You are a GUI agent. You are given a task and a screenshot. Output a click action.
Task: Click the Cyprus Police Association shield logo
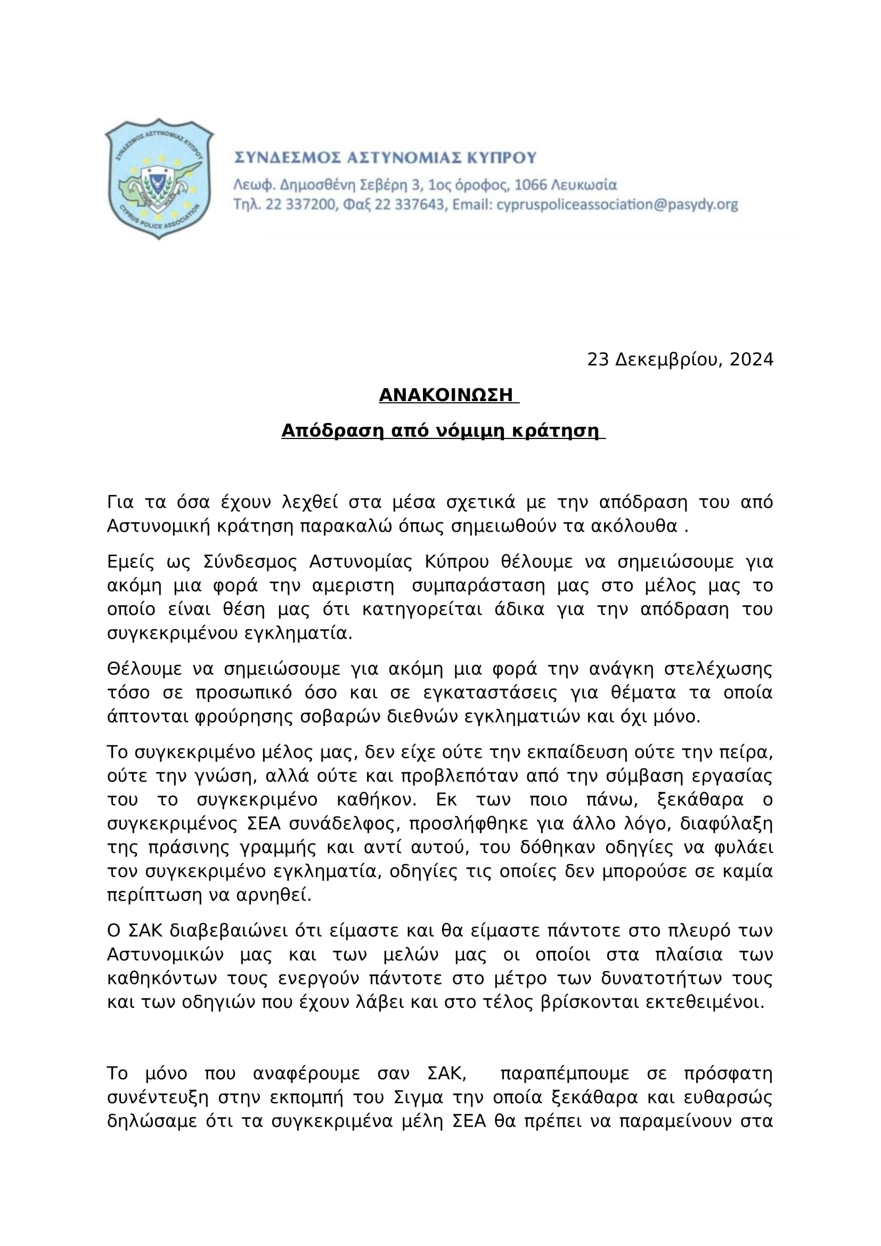click(x=159, y=178)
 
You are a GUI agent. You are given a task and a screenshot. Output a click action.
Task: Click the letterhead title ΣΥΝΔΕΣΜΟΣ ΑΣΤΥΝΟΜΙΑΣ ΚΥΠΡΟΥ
click(x=385, y=158)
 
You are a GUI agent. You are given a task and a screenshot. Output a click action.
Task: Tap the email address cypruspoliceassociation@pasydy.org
click(x=617, y=205)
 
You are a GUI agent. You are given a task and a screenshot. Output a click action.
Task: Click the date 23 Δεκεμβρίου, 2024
click(x=680, y=359)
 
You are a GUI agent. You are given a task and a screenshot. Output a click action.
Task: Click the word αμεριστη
click(x=355, y=586)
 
